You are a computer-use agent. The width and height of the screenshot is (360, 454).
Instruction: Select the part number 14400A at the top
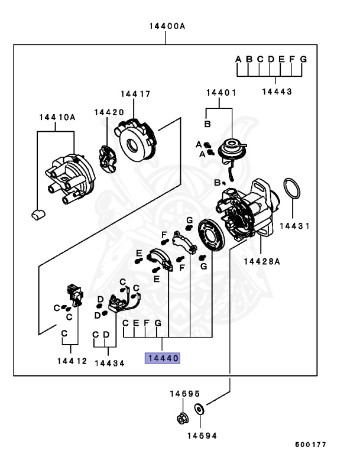[166, 27]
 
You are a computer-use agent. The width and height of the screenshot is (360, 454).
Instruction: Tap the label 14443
[277, 92]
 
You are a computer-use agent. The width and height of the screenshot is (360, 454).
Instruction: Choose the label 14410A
[57, 117]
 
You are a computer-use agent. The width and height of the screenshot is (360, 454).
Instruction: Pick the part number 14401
[221, 93]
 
